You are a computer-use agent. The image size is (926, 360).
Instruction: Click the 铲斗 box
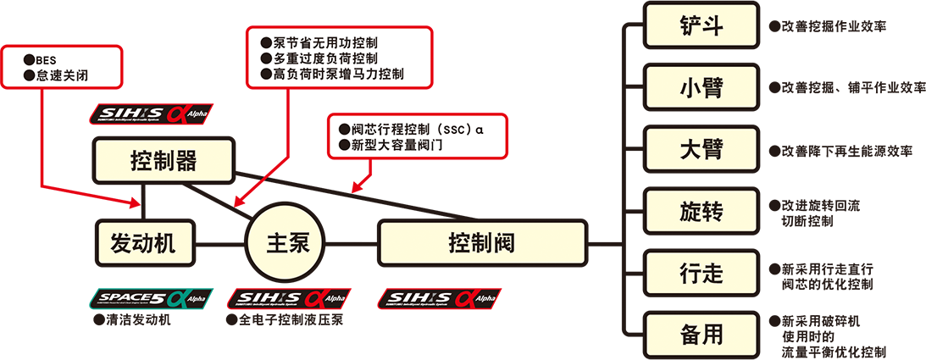pos(701,25)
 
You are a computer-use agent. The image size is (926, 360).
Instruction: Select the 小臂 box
pos(701,87)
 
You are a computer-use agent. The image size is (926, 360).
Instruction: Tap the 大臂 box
pos(701,149)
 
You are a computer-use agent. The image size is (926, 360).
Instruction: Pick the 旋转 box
pos(701,211)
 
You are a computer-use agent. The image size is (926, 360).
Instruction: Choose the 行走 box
pos(701,273)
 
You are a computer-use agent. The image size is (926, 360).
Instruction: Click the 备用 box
pos(701,335)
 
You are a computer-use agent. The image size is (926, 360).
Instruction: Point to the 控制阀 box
pos(482,243)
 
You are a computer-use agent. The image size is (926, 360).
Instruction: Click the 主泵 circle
pos(283,243)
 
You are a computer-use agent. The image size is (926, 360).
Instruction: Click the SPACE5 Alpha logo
pos(149,297)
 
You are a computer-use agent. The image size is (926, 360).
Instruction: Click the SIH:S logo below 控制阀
pos(440,297)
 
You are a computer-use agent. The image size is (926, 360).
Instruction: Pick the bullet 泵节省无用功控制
pos(325,42)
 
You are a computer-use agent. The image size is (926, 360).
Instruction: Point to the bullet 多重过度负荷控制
pos(325,58)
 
